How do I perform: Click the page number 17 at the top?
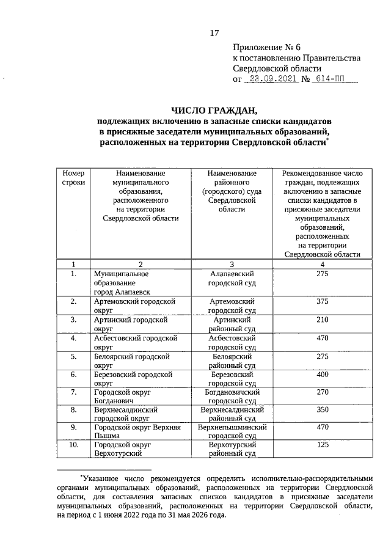click(214, 32)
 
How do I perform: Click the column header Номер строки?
click(73, 178)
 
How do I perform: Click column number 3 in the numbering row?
click(232, 264)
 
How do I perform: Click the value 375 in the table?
click(323, 302)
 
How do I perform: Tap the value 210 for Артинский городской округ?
click(323, 320)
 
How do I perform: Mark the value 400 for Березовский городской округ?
click(323, 374)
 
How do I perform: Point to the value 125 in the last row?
click(323, 445)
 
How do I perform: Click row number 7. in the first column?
click(73, 392)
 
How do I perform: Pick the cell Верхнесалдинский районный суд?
click(232, 414)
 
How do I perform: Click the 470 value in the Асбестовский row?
click(323, 337)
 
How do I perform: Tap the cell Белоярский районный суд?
click(232, 360)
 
